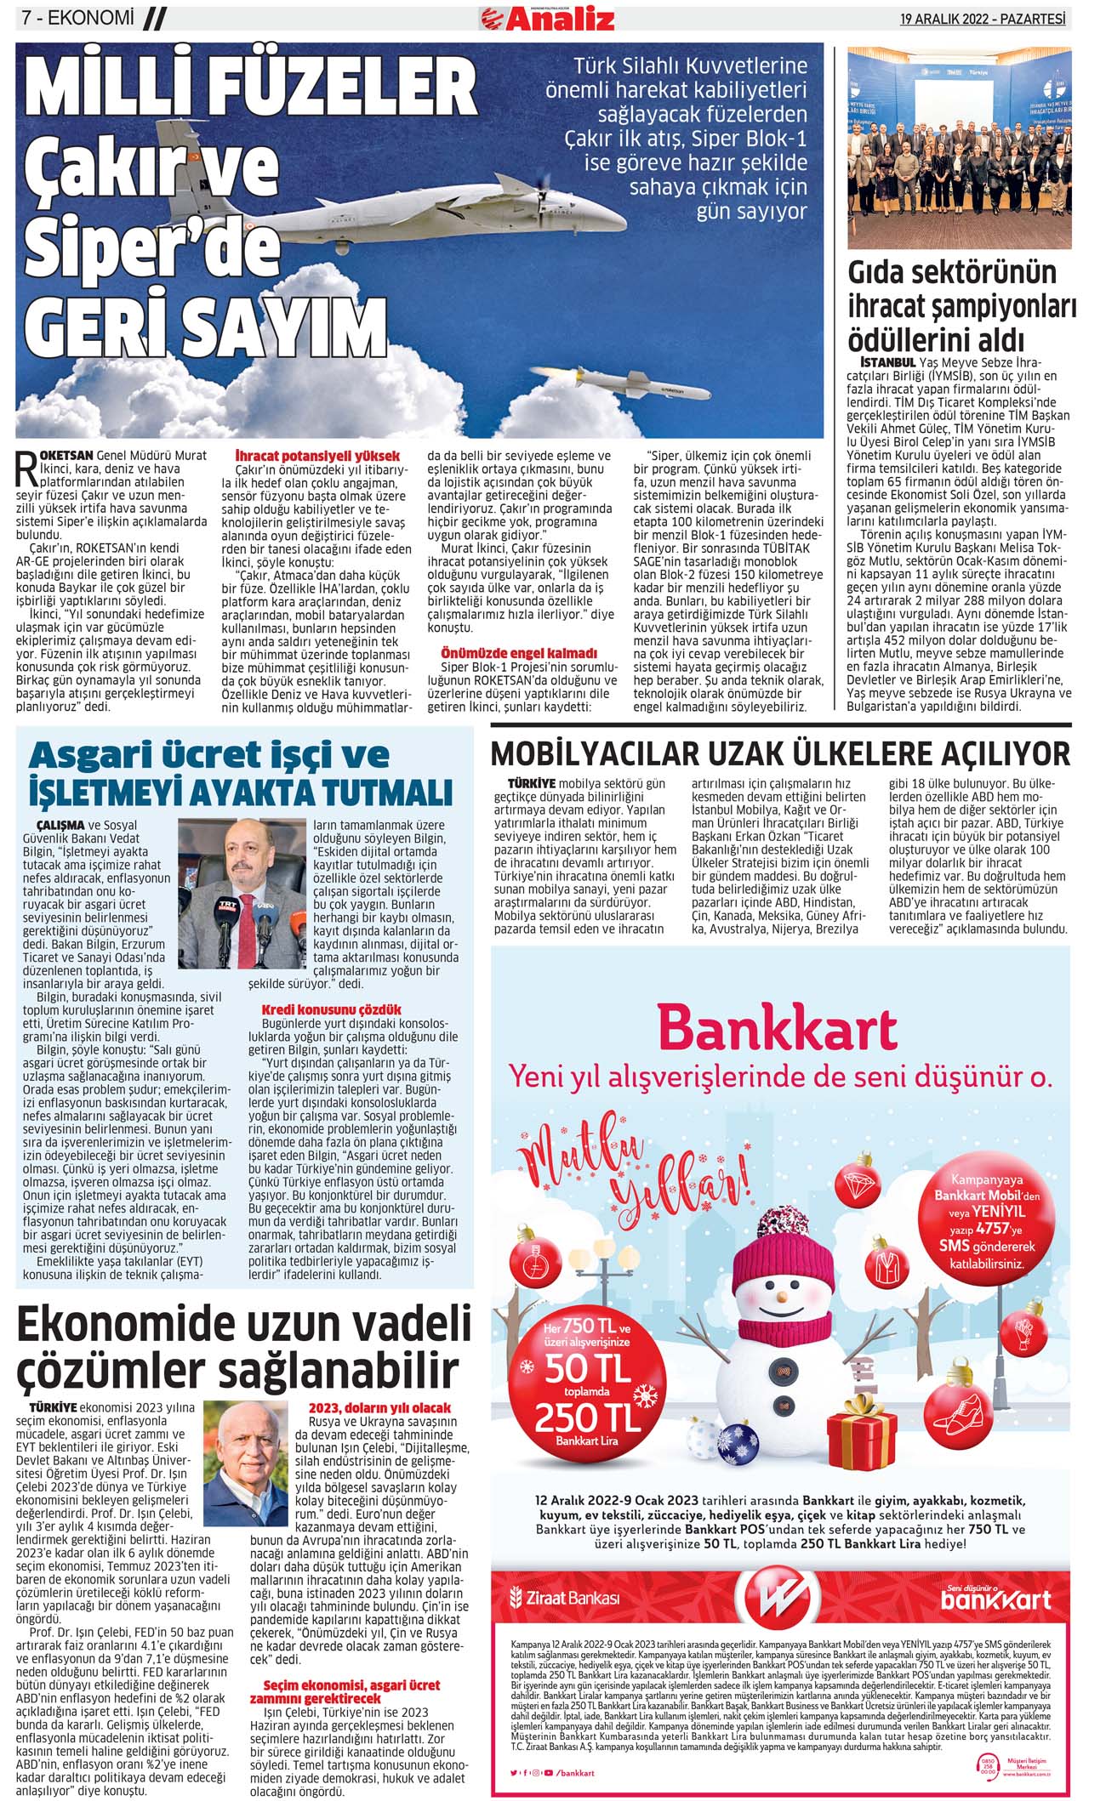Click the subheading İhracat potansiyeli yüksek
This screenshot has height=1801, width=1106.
coord(317,457)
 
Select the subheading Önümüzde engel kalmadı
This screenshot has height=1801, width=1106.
coord(519,653)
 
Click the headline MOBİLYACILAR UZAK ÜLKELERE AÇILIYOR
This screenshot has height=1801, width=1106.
coord(780,753)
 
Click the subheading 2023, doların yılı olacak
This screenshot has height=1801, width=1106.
coord(379,1408)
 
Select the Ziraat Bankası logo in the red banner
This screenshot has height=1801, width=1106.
coord(564,1598)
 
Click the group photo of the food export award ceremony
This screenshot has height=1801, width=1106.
coord(960,149)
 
